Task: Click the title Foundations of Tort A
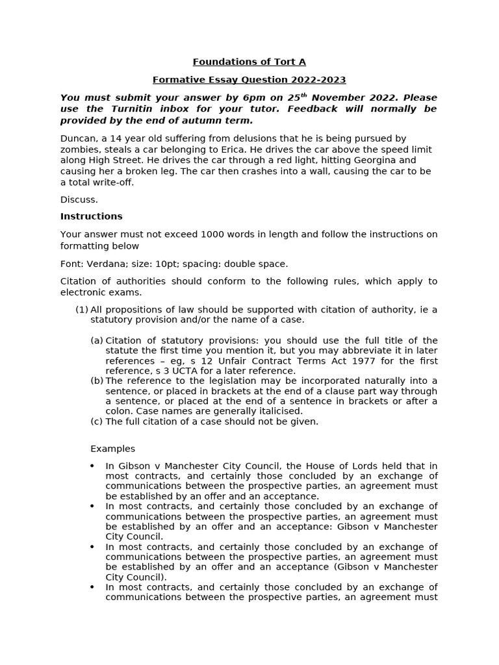(249, 62)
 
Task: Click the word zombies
(80, 149)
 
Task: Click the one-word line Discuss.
(79, 199)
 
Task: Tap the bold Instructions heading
(92, 216)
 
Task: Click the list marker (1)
(82, 310)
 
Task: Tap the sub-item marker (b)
(97, 381)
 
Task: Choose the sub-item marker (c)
(97, 421)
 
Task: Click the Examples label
(112, 449)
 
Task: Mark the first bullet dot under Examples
(93, 466)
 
